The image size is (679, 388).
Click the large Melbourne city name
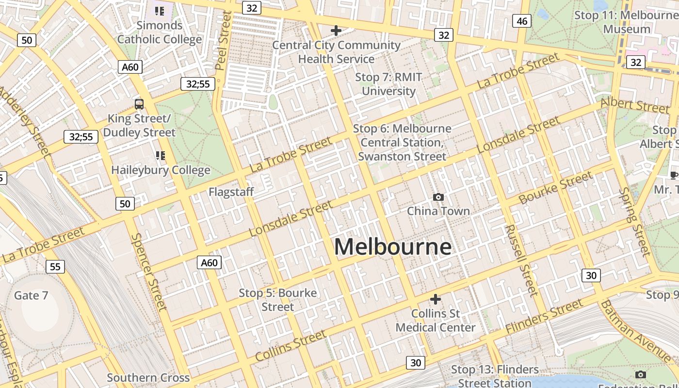pyautogui.click(x=393, y=247)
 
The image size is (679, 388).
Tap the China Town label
pyautogui.click(x=438, y=211)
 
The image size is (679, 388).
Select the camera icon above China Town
pyautogui.click(x=438, y=197)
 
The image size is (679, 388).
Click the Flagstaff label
pyautogui.click(x=231, y=192)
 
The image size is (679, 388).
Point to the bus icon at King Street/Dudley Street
pyautogui.click(x=139, y=104)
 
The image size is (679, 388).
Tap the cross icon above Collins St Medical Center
pyautogui.click(x=436, y=299)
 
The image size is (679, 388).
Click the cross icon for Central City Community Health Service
pyautogui.click(x=336, y=31)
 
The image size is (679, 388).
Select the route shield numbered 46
pyautogui.click(x=522, y=21)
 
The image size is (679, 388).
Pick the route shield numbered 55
pyautogui.click(x=55, y=266)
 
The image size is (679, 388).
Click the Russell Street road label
pyautogui.click(x=521, y=260)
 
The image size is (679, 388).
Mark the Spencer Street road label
pyautogui.click(x=148, y=272)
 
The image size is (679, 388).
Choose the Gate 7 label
pyautogui.click(x=31, y=295)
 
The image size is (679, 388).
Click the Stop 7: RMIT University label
pyautogui.click(x=388, y=84)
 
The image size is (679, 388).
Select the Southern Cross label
pyautogui.click(x=148, y=378)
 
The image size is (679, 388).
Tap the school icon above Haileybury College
pyautogui.click(x=160, y=156)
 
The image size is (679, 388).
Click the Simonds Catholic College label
pyautogui.click(x=160, y=32)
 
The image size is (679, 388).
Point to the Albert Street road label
pyautogui.click(x=635, y=105)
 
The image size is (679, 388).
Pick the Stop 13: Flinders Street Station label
pyautogui.click(x=495, y=376)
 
